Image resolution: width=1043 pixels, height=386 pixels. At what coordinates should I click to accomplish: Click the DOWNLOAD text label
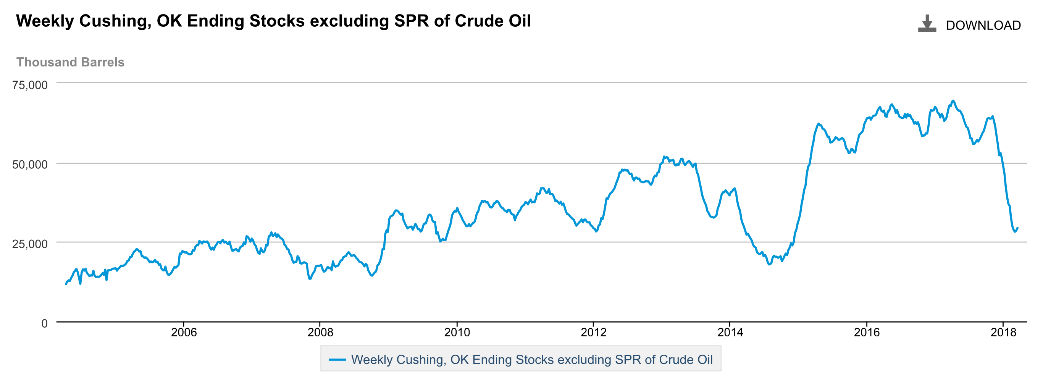(x=983, y=26)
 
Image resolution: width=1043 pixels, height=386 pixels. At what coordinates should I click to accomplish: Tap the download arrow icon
(x=927, y=24)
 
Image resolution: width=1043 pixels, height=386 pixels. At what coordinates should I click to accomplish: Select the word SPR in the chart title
(x=412, y=21)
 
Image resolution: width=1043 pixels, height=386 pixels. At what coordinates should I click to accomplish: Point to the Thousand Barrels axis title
(x=70, y=62)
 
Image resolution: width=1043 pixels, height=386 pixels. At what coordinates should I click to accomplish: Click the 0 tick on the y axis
(x=45, y=324)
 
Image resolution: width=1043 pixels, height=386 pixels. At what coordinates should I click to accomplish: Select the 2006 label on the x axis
(x=183, y=333)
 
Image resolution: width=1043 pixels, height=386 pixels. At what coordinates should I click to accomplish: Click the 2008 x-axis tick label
(x=320, y=333)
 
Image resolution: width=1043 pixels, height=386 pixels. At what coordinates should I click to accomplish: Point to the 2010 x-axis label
(x=457, y=333)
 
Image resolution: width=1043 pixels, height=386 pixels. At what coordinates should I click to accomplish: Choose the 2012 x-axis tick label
(x=593, y=333)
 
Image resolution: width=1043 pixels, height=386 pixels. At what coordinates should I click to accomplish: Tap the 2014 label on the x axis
(x=730, y=333)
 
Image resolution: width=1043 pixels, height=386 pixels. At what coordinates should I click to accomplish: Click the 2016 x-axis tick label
(x=867, y=333)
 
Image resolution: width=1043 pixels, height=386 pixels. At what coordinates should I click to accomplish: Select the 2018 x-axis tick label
(x=1003, y=333)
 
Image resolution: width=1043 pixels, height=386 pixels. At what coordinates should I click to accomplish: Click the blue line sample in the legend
(x=337, y=359)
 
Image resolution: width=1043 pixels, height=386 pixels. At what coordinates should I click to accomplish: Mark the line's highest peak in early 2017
(x=953, y=100)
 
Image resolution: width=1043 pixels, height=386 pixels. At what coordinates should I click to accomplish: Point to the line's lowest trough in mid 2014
(x=769, y=265)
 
